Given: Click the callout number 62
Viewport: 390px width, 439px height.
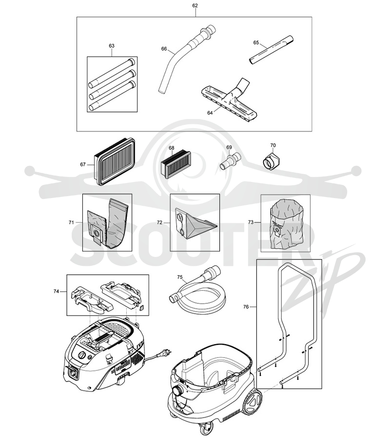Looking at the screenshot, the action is pyautogui.click(x=195, y=5).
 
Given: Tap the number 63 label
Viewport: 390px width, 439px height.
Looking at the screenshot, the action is pyautogui.click(x=112, y=46).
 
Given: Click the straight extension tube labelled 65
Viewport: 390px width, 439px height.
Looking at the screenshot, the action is pyautogui.click(x=271, y=50).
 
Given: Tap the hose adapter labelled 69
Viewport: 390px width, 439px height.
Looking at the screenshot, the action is pyautogui.click(x=230, y=160).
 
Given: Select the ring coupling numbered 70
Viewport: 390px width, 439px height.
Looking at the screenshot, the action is pyautogui.click(x=271, y=161).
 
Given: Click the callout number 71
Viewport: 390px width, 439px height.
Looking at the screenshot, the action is pyautogui.click(x=71, y=222).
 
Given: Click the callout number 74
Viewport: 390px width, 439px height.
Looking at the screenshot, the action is pyautogui.click(x=56, y=292).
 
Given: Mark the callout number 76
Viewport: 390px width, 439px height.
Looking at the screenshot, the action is pyautogui.click(x=246, y=307).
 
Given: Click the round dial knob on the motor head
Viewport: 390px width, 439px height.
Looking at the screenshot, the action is pyautogui.click(x=82, y=355).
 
